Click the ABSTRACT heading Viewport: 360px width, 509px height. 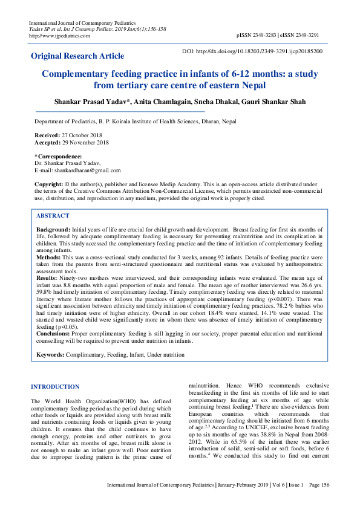click(53, 216)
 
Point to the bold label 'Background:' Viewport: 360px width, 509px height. click(53, 230)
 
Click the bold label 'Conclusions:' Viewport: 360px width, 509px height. click(53, 333)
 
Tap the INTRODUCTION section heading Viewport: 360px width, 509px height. click(55, 387)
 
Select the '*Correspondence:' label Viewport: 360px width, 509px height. click(58, 157)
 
